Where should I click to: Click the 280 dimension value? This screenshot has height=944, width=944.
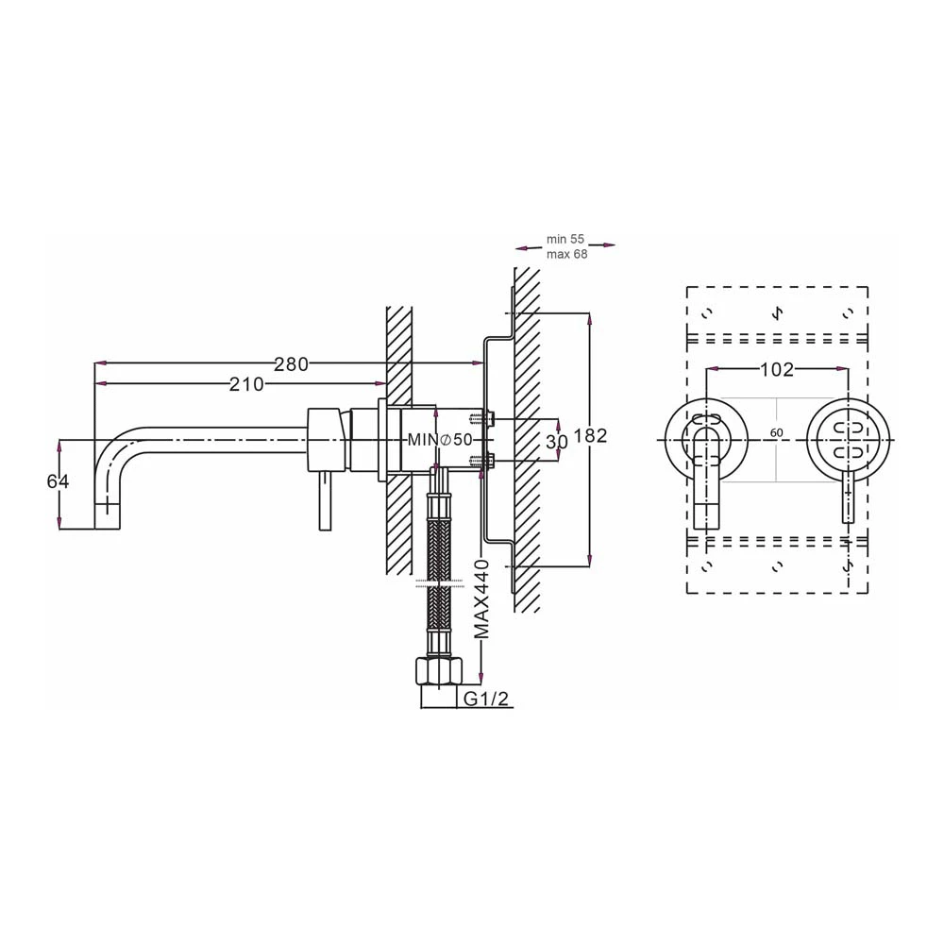click(x=291, y=363)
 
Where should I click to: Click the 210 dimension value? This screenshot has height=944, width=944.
click(x=246, y=384)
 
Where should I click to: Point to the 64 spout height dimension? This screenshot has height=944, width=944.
click(x=59, y=481)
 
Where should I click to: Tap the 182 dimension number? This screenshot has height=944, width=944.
click(x=590, y=436)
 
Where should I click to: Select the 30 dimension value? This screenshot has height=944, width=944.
click(x=557, y=441)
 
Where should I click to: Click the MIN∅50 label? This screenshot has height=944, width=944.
click(x=440, y=440)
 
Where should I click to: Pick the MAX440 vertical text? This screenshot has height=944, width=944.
click(x=482, y=599)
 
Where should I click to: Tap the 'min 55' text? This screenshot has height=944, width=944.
click(x=565, y=240)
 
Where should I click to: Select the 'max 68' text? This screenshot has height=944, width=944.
click(x=566, y=255)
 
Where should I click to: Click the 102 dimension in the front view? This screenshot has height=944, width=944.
click(x=776, y=370)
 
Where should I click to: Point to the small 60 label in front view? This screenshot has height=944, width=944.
click(x=777, y=432)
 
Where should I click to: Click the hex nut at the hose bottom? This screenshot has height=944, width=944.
click(x=437, y=673)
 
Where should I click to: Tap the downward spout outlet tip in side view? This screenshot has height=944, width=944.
click(x=107, y=517)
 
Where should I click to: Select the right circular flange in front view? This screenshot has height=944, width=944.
click(x=849, y=440)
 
